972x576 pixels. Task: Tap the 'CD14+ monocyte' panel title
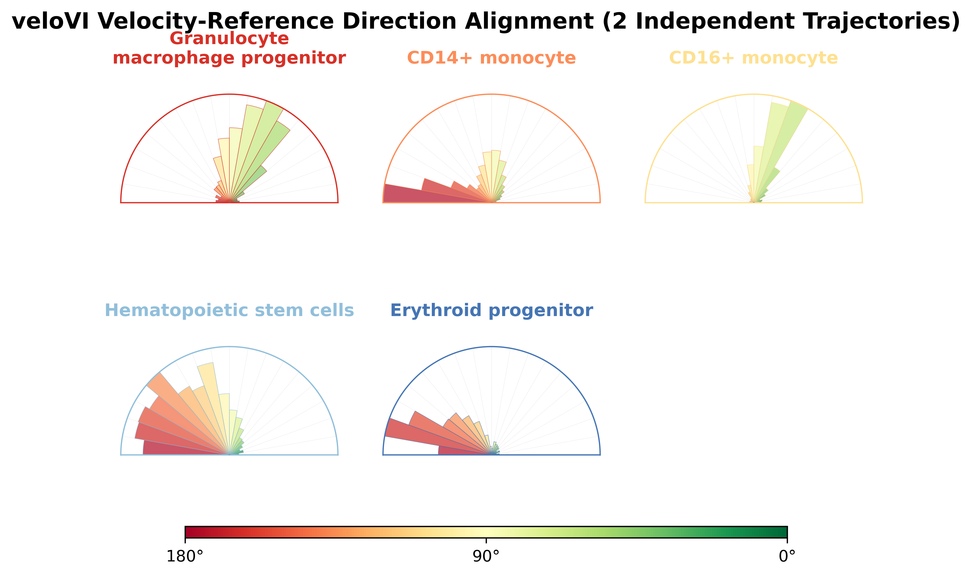point(491,58)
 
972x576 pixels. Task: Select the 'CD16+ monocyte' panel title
point(753,58)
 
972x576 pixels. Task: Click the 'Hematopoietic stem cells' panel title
point(229,311)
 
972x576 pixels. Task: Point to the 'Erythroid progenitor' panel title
point(491,311)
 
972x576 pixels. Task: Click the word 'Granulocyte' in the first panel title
point(229,39)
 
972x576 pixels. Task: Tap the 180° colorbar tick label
point(185,557)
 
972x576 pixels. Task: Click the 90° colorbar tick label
point(486,557)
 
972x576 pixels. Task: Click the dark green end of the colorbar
point(781,532)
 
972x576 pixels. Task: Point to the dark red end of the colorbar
point(190,532)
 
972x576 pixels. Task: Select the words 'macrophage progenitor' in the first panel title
point(229,58)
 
